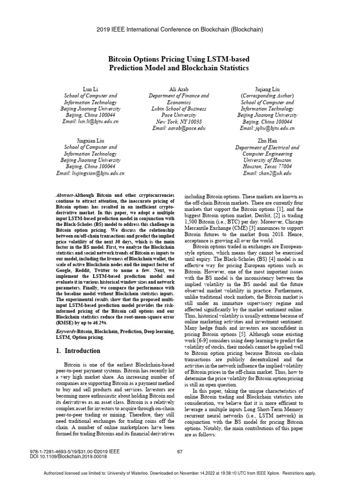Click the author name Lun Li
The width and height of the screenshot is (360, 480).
click(x=90, y=89)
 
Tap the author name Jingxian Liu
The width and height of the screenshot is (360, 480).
click(x=90, y=140)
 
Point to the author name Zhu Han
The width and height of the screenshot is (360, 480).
click(x=267, y=140)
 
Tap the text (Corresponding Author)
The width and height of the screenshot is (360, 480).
click(x=267, y=95)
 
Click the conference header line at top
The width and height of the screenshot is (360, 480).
click(x=180, y=30)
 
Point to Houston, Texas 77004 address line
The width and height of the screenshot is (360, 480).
click(x=267, y=166)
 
